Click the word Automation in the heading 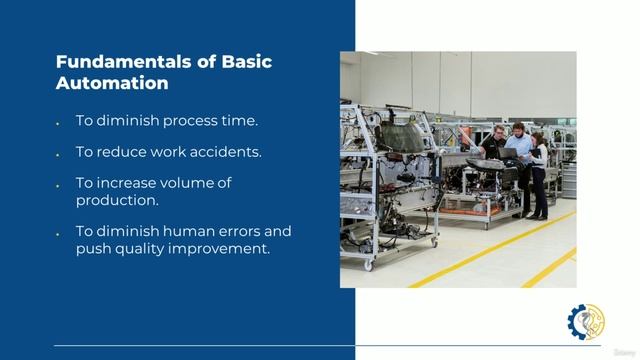111,84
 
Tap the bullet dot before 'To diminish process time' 58,122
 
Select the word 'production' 115,200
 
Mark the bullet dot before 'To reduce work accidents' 58,153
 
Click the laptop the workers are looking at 511,154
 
